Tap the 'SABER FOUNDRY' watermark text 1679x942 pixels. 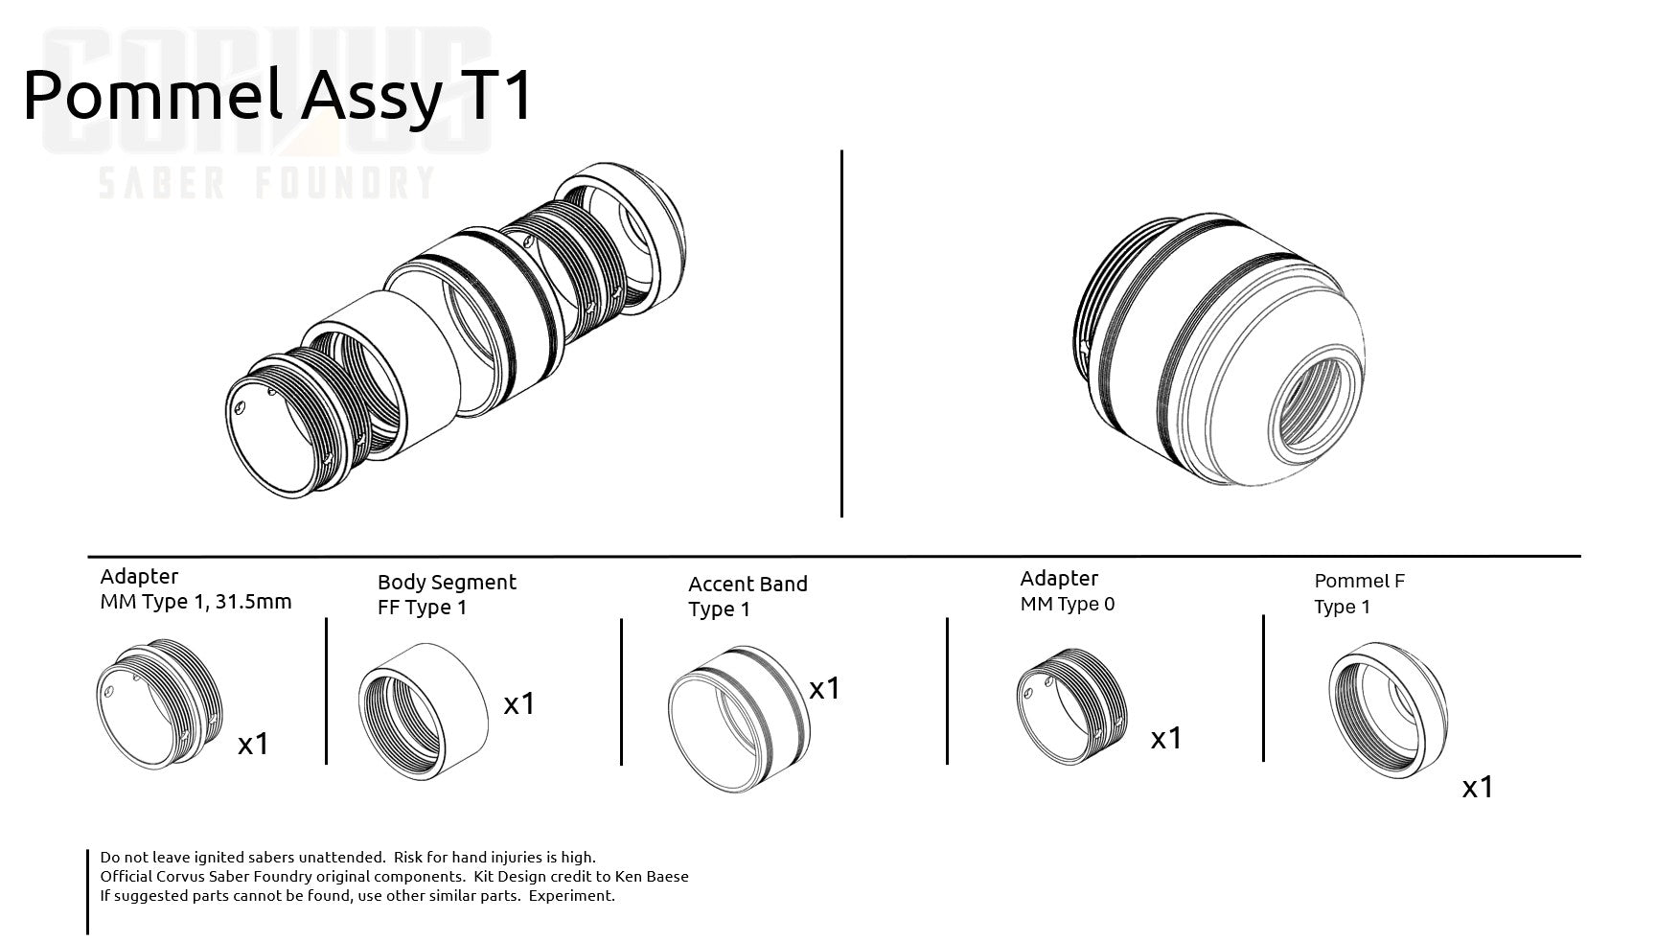click(x=268, y=182)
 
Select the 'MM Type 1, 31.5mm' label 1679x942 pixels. click(x=195, y=602)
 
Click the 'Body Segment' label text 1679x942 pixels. click(x=447, y=583)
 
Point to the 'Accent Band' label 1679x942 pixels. click(x=747, y=584)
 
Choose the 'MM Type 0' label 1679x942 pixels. click(x=1068, y=604)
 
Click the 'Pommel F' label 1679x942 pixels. click(x=1359, y=581)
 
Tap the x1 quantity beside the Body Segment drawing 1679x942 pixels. click(x=519, y=704)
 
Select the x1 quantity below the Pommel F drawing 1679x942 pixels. click(x=1478, y=788)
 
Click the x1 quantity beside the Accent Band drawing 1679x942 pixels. click(x=824, y=688)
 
